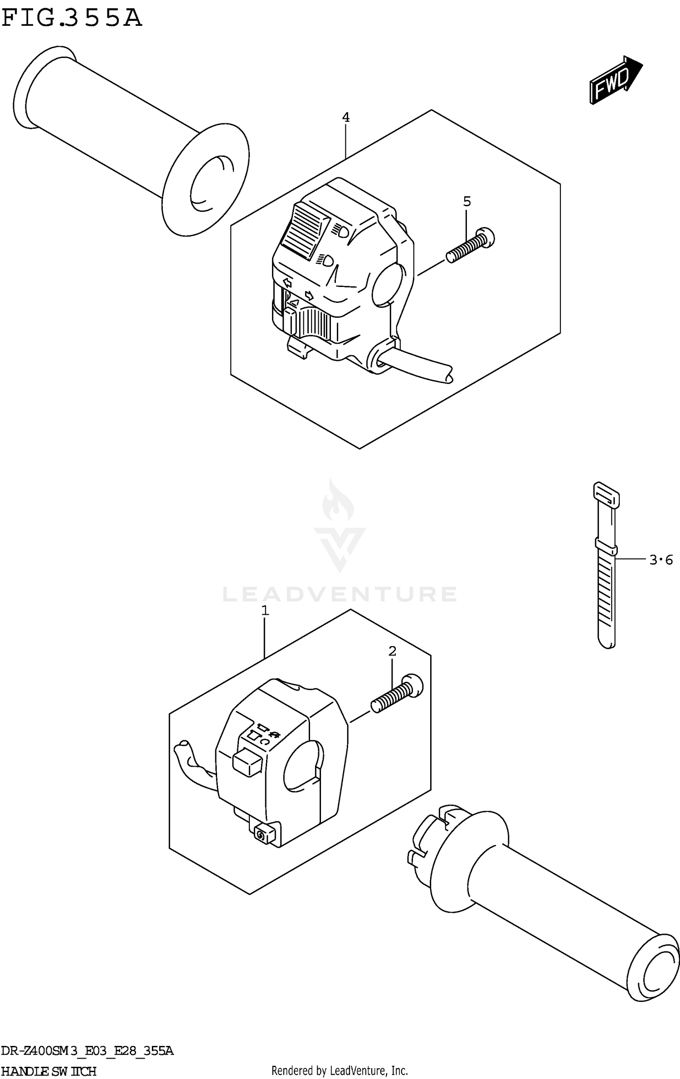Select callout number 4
click(345, 118)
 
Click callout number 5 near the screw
click(467, 201)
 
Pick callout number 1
click(265, 611)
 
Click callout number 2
click(392, 651)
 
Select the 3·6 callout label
click(661, 560)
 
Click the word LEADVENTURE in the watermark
click(340, 594)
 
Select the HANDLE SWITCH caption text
click(49, 1071)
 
